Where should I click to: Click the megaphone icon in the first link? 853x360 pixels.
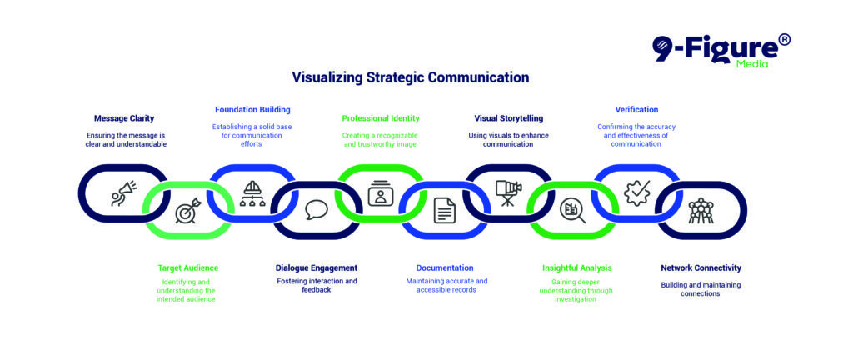[x=124, y=193]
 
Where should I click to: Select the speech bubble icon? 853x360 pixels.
[x=316, y=210]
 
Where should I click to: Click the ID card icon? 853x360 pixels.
[x=380, y=193]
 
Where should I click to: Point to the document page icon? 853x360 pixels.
[x=445, y=211]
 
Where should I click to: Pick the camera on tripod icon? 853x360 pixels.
[x=508, y=193]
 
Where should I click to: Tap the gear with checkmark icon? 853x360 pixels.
[x=636, y=193]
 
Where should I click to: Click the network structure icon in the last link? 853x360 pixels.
[x=701, y=211]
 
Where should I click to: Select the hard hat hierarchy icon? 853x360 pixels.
[x=252, y=193]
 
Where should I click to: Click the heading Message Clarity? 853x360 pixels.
[x=124, y=118]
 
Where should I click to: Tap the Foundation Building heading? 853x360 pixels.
[x=252, y=109]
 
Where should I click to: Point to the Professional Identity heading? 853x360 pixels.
[x=381, y=118]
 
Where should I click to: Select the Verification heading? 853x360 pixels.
[x=636, y=109]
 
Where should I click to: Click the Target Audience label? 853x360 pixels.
[x=188, y=268]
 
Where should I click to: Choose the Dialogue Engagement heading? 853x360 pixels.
[x=317, y=268]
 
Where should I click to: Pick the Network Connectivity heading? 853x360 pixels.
[x=701, y=268]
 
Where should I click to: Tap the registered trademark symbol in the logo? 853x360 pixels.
[x=783, y=40]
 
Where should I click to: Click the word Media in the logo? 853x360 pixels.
[x=752, y=64]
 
